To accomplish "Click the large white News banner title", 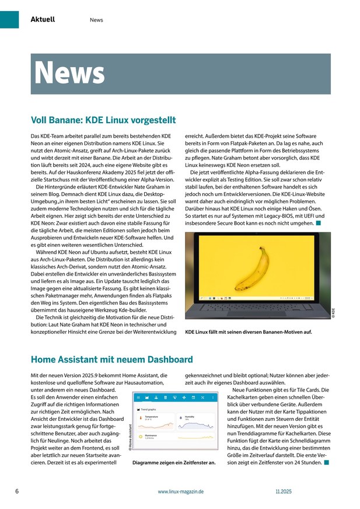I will pyautogui.click(x=69, y=73).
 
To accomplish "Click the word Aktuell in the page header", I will pyautogui.click(x=43, y=19).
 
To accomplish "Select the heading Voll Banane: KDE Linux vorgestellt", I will pyautogui.click(x=103, y=120).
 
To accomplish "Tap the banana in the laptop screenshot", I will pyautogui.click(x=254, y=267).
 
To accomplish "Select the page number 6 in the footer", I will pyautogui.click(x=17, y=491).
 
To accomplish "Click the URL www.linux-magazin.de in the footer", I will pyautogui.click(x=180, y=492).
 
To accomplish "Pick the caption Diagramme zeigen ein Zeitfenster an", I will pyautogui.click(x=174, y=462).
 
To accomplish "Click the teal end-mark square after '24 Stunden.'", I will pyautogui.click(x=327, y=462).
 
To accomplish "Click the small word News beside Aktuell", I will pyautogui.click(x=96, y=20).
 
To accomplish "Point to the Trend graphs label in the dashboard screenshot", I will pyautogui.click(x=151, y=410).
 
